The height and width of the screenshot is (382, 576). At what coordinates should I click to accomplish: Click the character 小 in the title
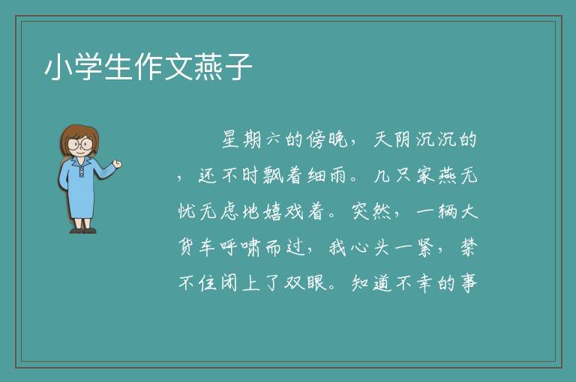(x=58, y=67)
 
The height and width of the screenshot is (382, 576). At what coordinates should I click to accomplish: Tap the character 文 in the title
(x=178, y=67)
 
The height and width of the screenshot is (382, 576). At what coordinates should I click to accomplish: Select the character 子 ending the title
(x=238, y=67)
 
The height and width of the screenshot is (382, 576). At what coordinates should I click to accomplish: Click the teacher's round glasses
(x=80, y=144)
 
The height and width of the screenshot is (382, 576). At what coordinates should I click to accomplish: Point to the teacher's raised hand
(x=117, y=164)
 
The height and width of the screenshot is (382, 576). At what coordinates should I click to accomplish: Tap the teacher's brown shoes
(x=83, y=231)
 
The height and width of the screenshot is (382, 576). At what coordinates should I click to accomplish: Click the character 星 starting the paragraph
(x=231, y=140)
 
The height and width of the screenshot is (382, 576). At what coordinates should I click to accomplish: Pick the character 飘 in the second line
(x=274, y=176)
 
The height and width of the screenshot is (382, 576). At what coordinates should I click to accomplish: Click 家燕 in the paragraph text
(x=436, y=176)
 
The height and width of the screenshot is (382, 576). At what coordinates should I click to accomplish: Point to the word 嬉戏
(x=283, y=212)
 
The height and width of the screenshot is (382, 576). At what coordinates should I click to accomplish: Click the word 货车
(x=196, y=248)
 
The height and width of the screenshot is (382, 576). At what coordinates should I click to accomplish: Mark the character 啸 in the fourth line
(x=251, y=248)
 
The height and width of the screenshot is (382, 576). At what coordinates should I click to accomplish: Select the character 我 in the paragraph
(x=337, y=248)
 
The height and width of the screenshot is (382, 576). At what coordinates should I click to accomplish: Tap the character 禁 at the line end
(x=469, y=248)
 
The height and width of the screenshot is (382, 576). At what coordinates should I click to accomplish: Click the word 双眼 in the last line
(x=305, y=283)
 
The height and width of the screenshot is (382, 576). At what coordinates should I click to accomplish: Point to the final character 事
(x=469, y=283)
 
